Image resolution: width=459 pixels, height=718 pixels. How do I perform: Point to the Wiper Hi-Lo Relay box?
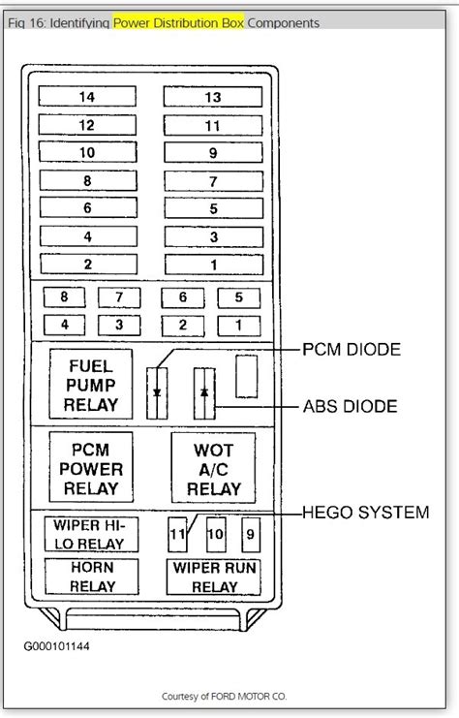click(91, 534)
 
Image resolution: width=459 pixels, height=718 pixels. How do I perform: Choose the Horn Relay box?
click(92, 577)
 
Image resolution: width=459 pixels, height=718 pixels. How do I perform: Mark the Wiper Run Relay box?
click(214, 577)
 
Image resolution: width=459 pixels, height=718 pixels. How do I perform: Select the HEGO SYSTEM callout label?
click(366, 513)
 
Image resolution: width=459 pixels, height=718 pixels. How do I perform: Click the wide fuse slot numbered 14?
click(88, 97)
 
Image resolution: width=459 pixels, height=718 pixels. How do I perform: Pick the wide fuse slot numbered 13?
click(213, 97)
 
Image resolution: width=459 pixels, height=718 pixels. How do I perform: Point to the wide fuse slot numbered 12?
click(88, 125)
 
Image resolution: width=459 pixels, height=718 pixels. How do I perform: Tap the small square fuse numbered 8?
click(64, 298)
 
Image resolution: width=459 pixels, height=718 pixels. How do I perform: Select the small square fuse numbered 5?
click(238, 298)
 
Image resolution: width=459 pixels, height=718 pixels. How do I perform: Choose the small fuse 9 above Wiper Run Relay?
click(250, 534)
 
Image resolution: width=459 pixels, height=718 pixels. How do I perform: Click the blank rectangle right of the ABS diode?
click(247, 376)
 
